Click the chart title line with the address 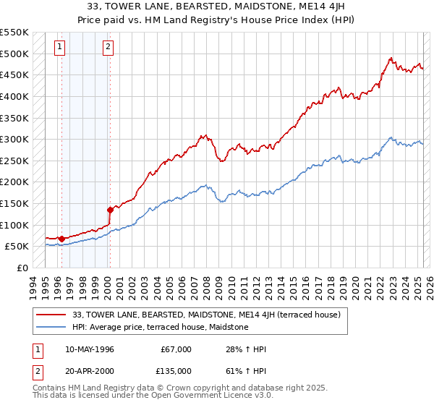click(217, 6)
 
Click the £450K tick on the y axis click(14, 74)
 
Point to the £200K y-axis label click(14, 182)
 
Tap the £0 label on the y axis click(22, 268)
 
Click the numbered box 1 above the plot click(59, 48)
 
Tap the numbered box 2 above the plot click(108, 48)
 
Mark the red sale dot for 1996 click(61, 239)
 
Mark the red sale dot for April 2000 click(110, 210)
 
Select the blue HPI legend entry click(160, 328)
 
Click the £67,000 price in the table click(176, 349)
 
